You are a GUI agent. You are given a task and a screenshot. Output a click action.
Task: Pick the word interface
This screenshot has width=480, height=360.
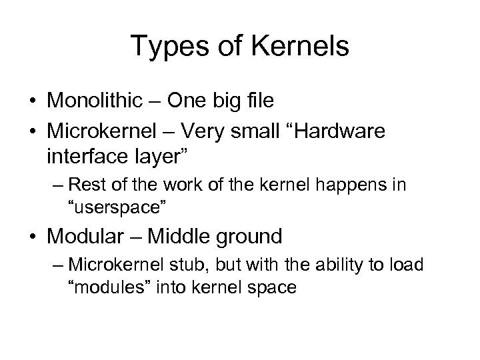tap(84, 159)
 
